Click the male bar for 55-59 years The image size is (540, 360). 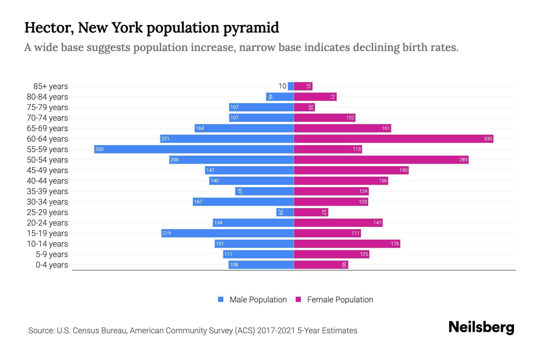coord(194,149)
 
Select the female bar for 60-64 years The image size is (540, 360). coord(393,139)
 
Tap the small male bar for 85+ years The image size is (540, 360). coord(291,86)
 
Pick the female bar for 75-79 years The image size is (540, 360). coord(304,107)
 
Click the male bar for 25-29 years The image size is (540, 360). coord(285,212)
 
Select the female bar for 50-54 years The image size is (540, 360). coord(381,160)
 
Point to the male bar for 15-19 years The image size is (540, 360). coord(227,233)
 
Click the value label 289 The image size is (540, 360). coord(463,160)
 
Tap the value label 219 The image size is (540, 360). coord(166,233)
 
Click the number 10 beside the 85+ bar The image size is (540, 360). coord(282,86)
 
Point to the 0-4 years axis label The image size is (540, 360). coord(52,265)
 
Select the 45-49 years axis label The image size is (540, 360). coord(47,170)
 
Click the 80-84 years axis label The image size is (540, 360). coord(47,97)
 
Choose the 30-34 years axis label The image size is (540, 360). coord(47,202)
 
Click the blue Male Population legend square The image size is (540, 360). coord(221,299)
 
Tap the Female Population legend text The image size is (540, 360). coord(340,300)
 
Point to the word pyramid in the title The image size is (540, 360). coord(251,28)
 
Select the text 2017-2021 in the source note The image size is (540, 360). coord(276,331)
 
